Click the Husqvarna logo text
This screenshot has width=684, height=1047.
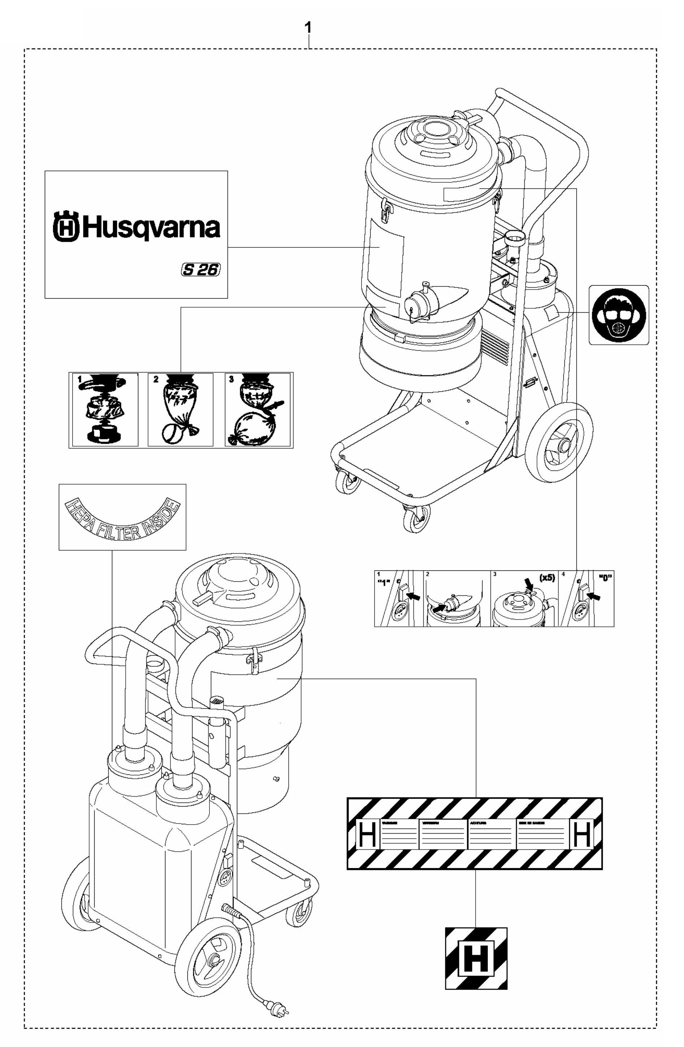pos(135,227)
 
